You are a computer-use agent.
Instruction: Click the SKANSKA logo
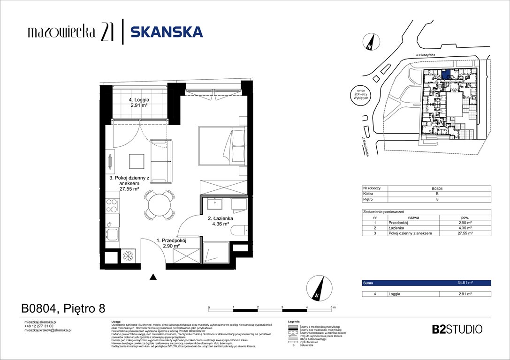(166, 32)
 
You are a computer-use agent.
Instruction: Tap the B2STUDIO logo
(457, 329)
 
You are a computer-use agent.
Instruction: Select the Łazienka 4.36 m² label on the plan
(218, 221)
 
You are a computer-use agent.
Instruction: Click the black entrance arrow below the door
(153, 277)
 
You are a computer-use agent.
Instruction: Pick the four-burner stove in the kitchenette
(112, 205)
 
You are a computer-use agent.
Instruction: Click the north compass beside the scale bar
(316, 288)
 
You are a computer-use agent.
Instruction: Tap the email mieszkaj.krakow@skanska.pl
(47, 330)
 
